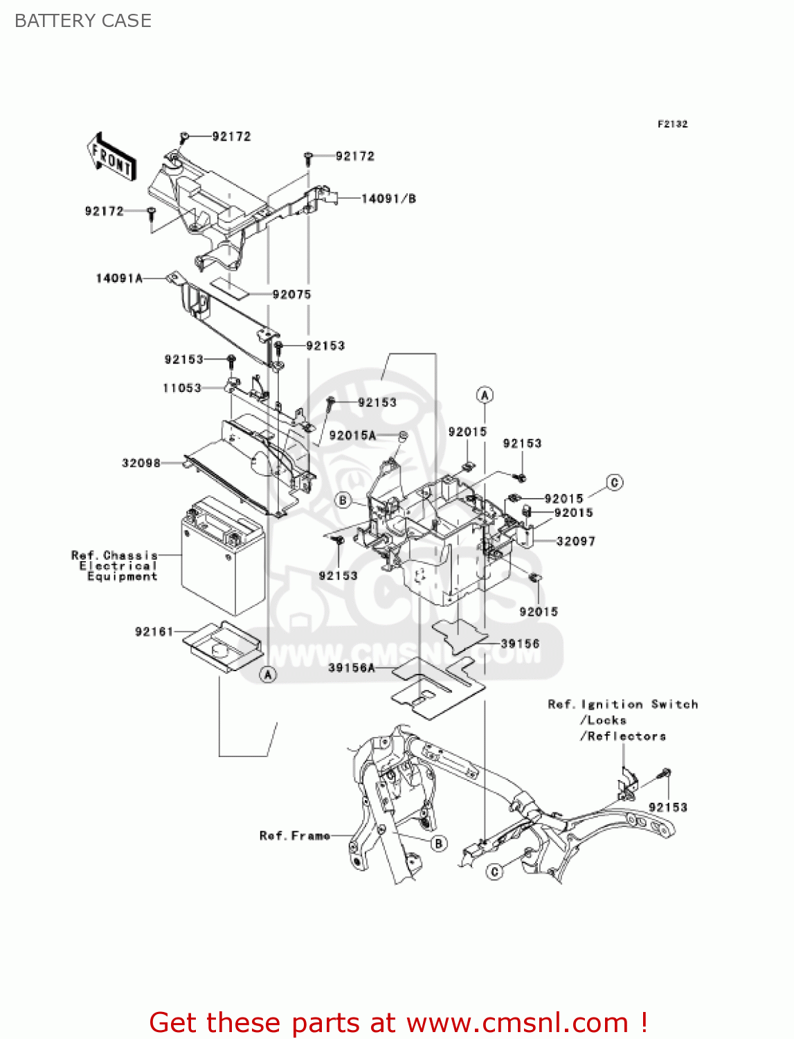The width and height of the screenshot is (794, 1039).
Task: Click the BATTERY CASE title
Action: click(x=83, y=21)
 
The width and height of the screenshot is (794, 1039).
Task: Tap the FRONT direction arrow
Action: click(x=111, y=157)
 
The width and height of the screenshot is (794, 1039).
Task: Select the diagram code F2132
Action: click(x=672, y=124)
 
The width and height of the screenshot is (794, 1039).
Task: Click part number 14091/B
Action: click(x=388, y=199)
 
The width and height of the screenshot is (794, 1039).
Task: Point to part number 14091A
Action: click(x=119, y=278)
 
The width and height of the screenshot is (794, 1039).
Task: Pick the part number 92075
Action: click(x=291, y=294)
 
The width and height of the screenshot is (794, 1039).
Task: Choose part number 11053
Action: click(x=182, y=388)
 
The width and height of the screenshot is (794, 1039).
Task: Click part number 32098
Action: click(x=141, y=463)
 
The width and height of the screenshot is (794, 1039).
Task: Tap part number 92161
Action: click(x=154, y=632)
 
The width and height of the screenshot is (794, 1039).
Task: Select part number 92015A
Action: click(x=352, y=435)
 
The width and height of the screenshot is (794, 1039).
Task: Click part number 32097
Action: click(x=575, y=541)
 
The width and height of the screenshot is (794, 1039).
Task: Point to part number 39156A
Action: click(x=351, y=668)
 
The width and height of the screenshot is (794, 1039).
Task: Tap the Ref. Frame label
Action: click(x=295, y=836)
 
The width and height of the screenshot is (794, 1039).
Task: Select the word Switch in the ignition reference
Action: click(x=674, y=704)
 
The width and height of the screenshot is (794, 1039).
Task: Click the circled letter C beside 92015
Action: click(x=614, y=482)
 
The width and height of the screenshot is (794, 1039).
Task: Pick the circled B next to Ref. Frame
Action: click(x=438, y=843)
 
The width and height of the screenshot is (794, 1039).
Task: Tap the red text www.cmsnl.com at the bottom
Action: click(x=516, y=1022)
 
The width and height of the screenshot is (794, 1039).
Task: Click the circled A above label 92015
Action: click(x=485, y=395)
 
